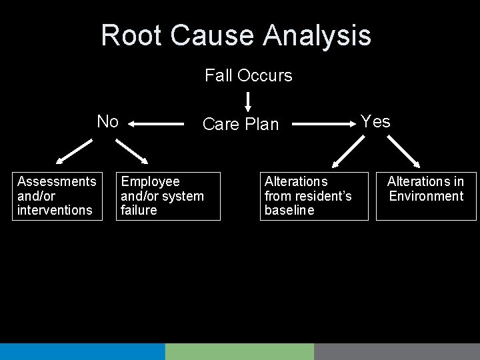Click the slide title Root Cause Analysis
[x=236, y=35]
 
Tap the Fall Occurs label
[x=248, y=76]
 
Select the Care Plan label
[x=240, y=124]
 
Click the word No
[x=107, y=121]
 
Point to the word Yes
[x=375, y=121]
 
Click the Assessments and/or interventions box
[x=57, y=196]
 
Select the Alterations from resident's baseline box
[x=313, y=196]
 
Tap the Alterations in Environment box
[x=426, y=196]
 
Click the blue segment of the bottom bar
[x=82, y=351]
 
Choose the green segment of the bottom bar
[x=239, y=351]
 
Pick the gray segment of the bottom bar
[x=397, y=351]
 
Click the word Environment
[x=426, y=196]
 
